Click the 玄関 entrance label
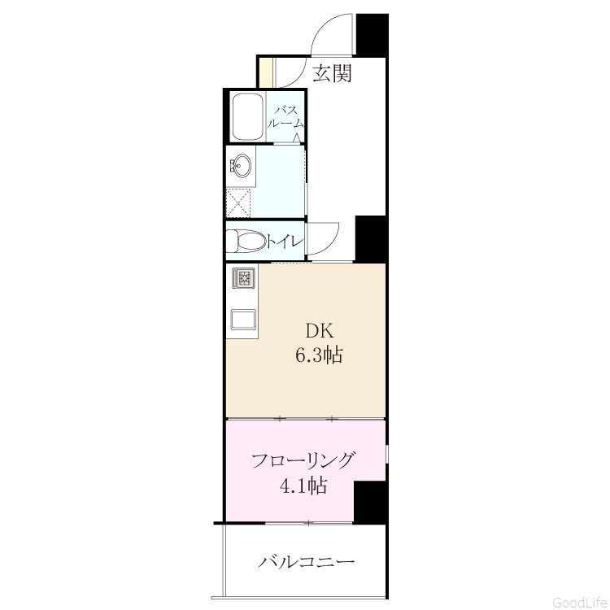coord(333,73)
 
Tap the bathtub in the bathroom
coord(246,117)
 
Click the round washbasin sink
coord(242,166)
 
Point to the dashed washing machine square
coord(238,203)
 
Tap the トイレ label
coord(285,242)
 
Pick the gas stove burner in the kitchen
coord(244,278)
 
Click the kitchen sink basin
coord(244,320)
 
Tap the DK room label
coord(320,331)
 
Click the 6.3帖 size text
coord(319,355)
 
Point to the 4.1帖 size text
coord(303,486)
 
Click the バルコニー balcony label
coord(307,562)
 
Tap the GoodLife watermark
coord(580,603)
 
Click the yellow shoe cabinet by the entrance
coord(265,72)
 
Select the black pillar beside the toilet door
coord(370,238)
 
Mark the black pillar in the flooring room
coord(369,502)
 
